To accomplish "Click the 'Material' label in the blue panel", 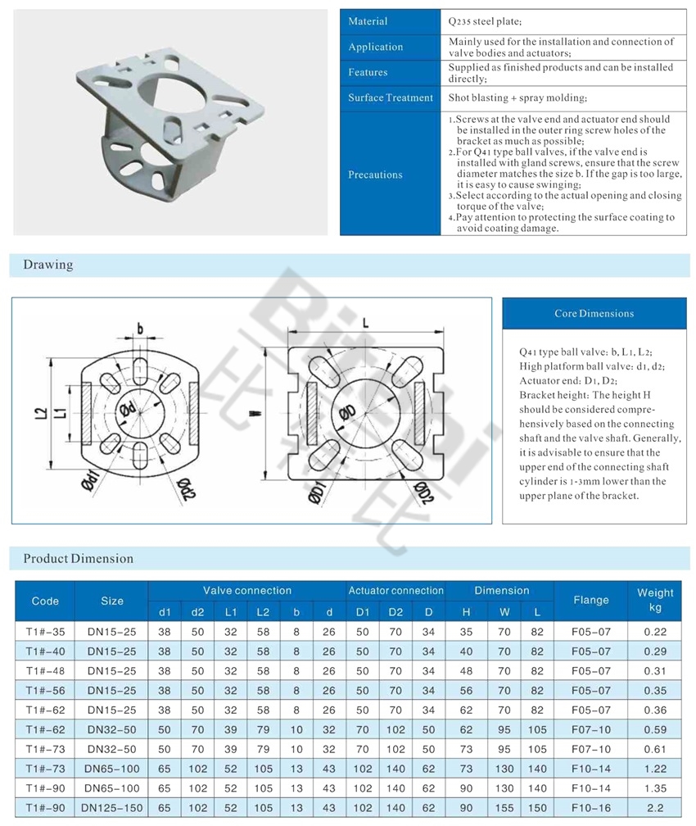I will pos(368,21).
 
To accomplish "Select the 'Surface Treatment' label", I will pos(390,98).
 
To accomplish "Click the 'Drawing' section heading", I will pos(47,265).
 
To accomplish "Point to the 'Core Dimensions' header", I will pos(594,314).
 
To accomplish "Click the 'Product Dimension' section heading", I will pos(78,559).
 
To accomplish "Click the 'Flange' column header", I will pos(590,600).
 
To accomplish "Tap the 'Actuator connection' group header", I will pos(395,591).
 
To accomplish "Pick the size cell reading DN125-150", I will pos(111,807).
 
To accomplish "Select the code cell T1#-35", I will pos(45,632).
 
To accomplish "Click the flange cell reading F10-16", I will pos(590,807).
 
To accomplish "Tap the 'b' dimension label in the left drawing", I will pos(140,329).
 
